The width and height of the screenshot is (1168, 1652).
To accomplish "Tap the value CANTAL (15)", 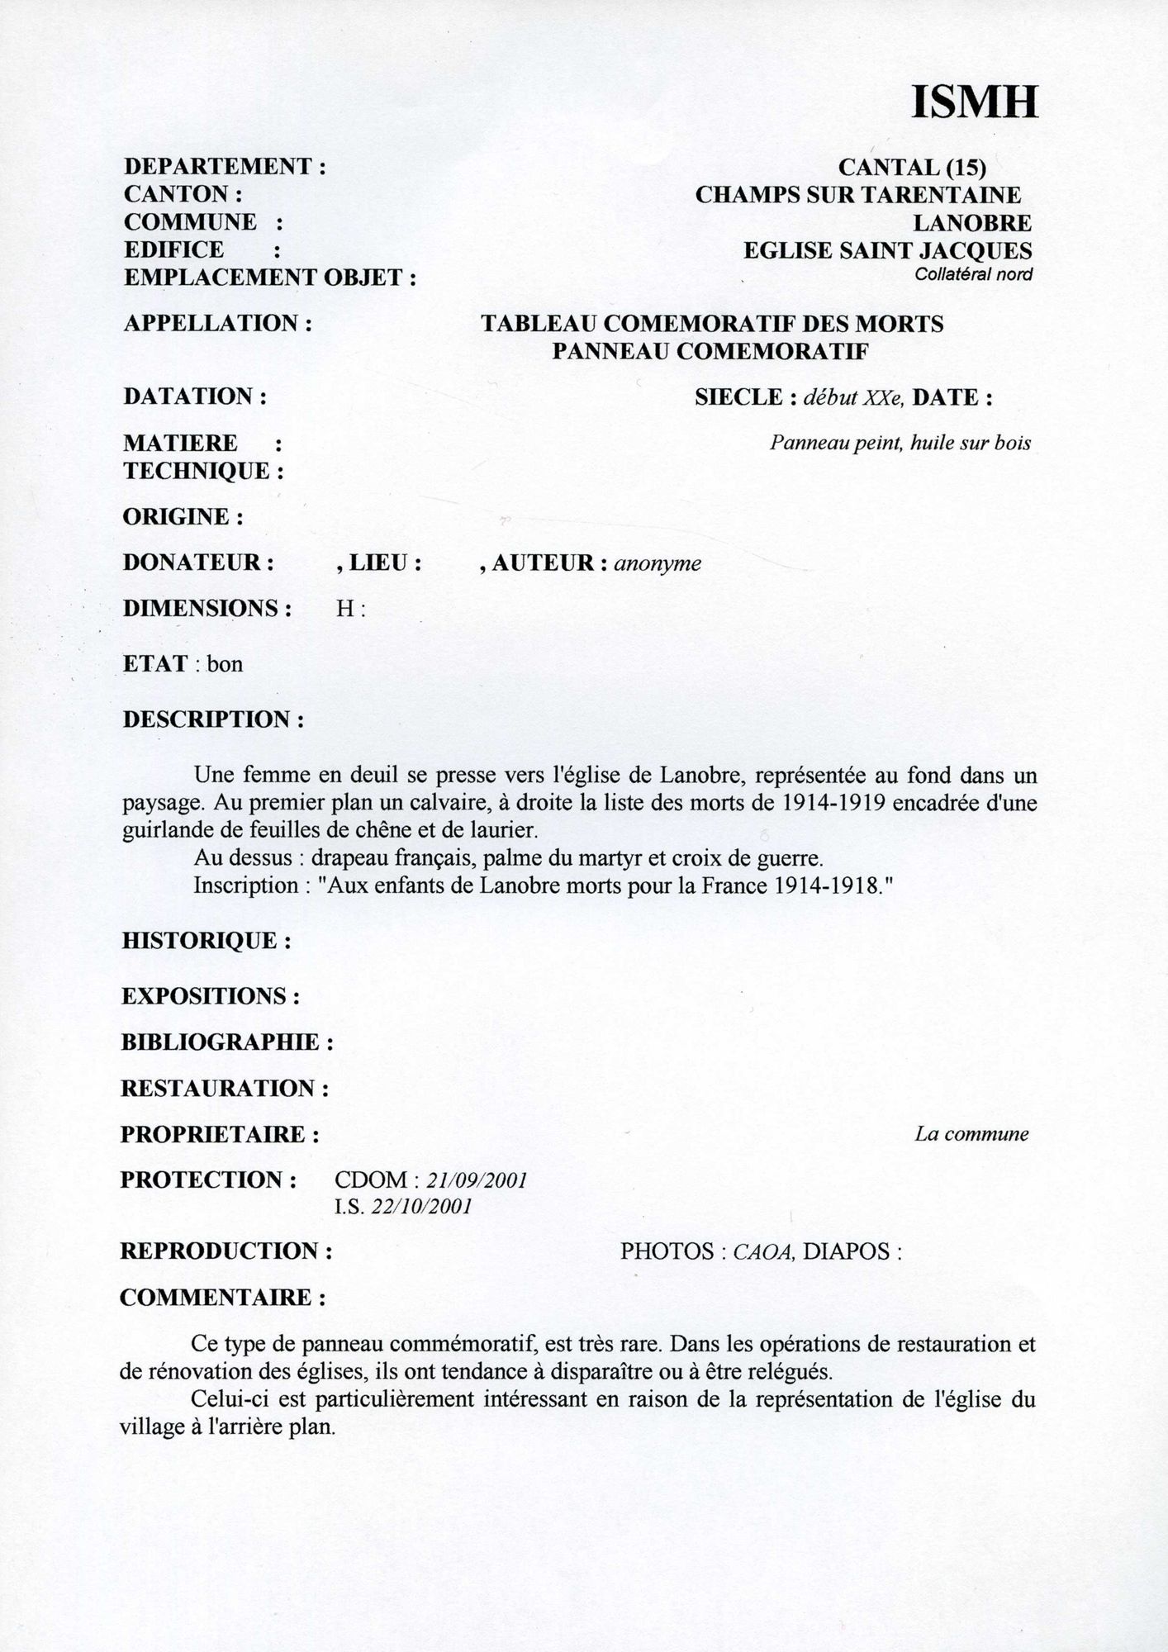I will point(912,167).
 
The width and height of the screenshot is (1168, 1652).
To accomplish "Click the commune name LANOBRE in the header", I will point(971,223).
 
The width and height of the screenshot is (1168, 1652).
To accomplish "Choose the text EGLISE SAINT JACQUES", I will point(887,250).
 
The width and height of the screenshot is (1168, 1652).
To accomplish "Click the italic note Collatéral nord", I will point(973,275).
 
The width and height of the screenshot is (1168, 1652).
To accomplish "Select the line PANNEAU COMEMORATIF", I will point(710,351).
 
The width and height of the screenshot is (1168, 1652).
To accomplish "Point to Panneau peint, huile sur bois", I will point(900,444).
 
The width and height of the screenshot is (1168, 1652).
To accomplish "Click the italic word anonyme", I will point(658,563).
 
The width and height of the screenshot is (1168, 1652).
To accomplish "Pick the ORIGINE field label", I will point(183,517).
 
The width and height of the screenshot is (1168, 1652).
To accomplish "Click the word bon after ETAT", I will point(225,664).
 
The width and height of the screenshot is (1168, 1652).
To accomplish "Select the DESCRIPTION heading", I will point(213,719).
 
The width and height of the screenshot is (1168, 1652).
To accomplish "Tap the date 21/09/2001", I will point(478,1180).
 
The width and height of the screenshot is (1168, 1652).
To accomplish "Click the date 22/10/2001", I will point(421,1207).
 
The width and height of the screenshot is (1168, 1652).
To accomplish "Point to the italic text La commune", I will point(971,1134).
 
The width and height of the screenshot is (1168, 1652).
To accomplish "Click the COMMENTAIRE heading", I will point(222,1298).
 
